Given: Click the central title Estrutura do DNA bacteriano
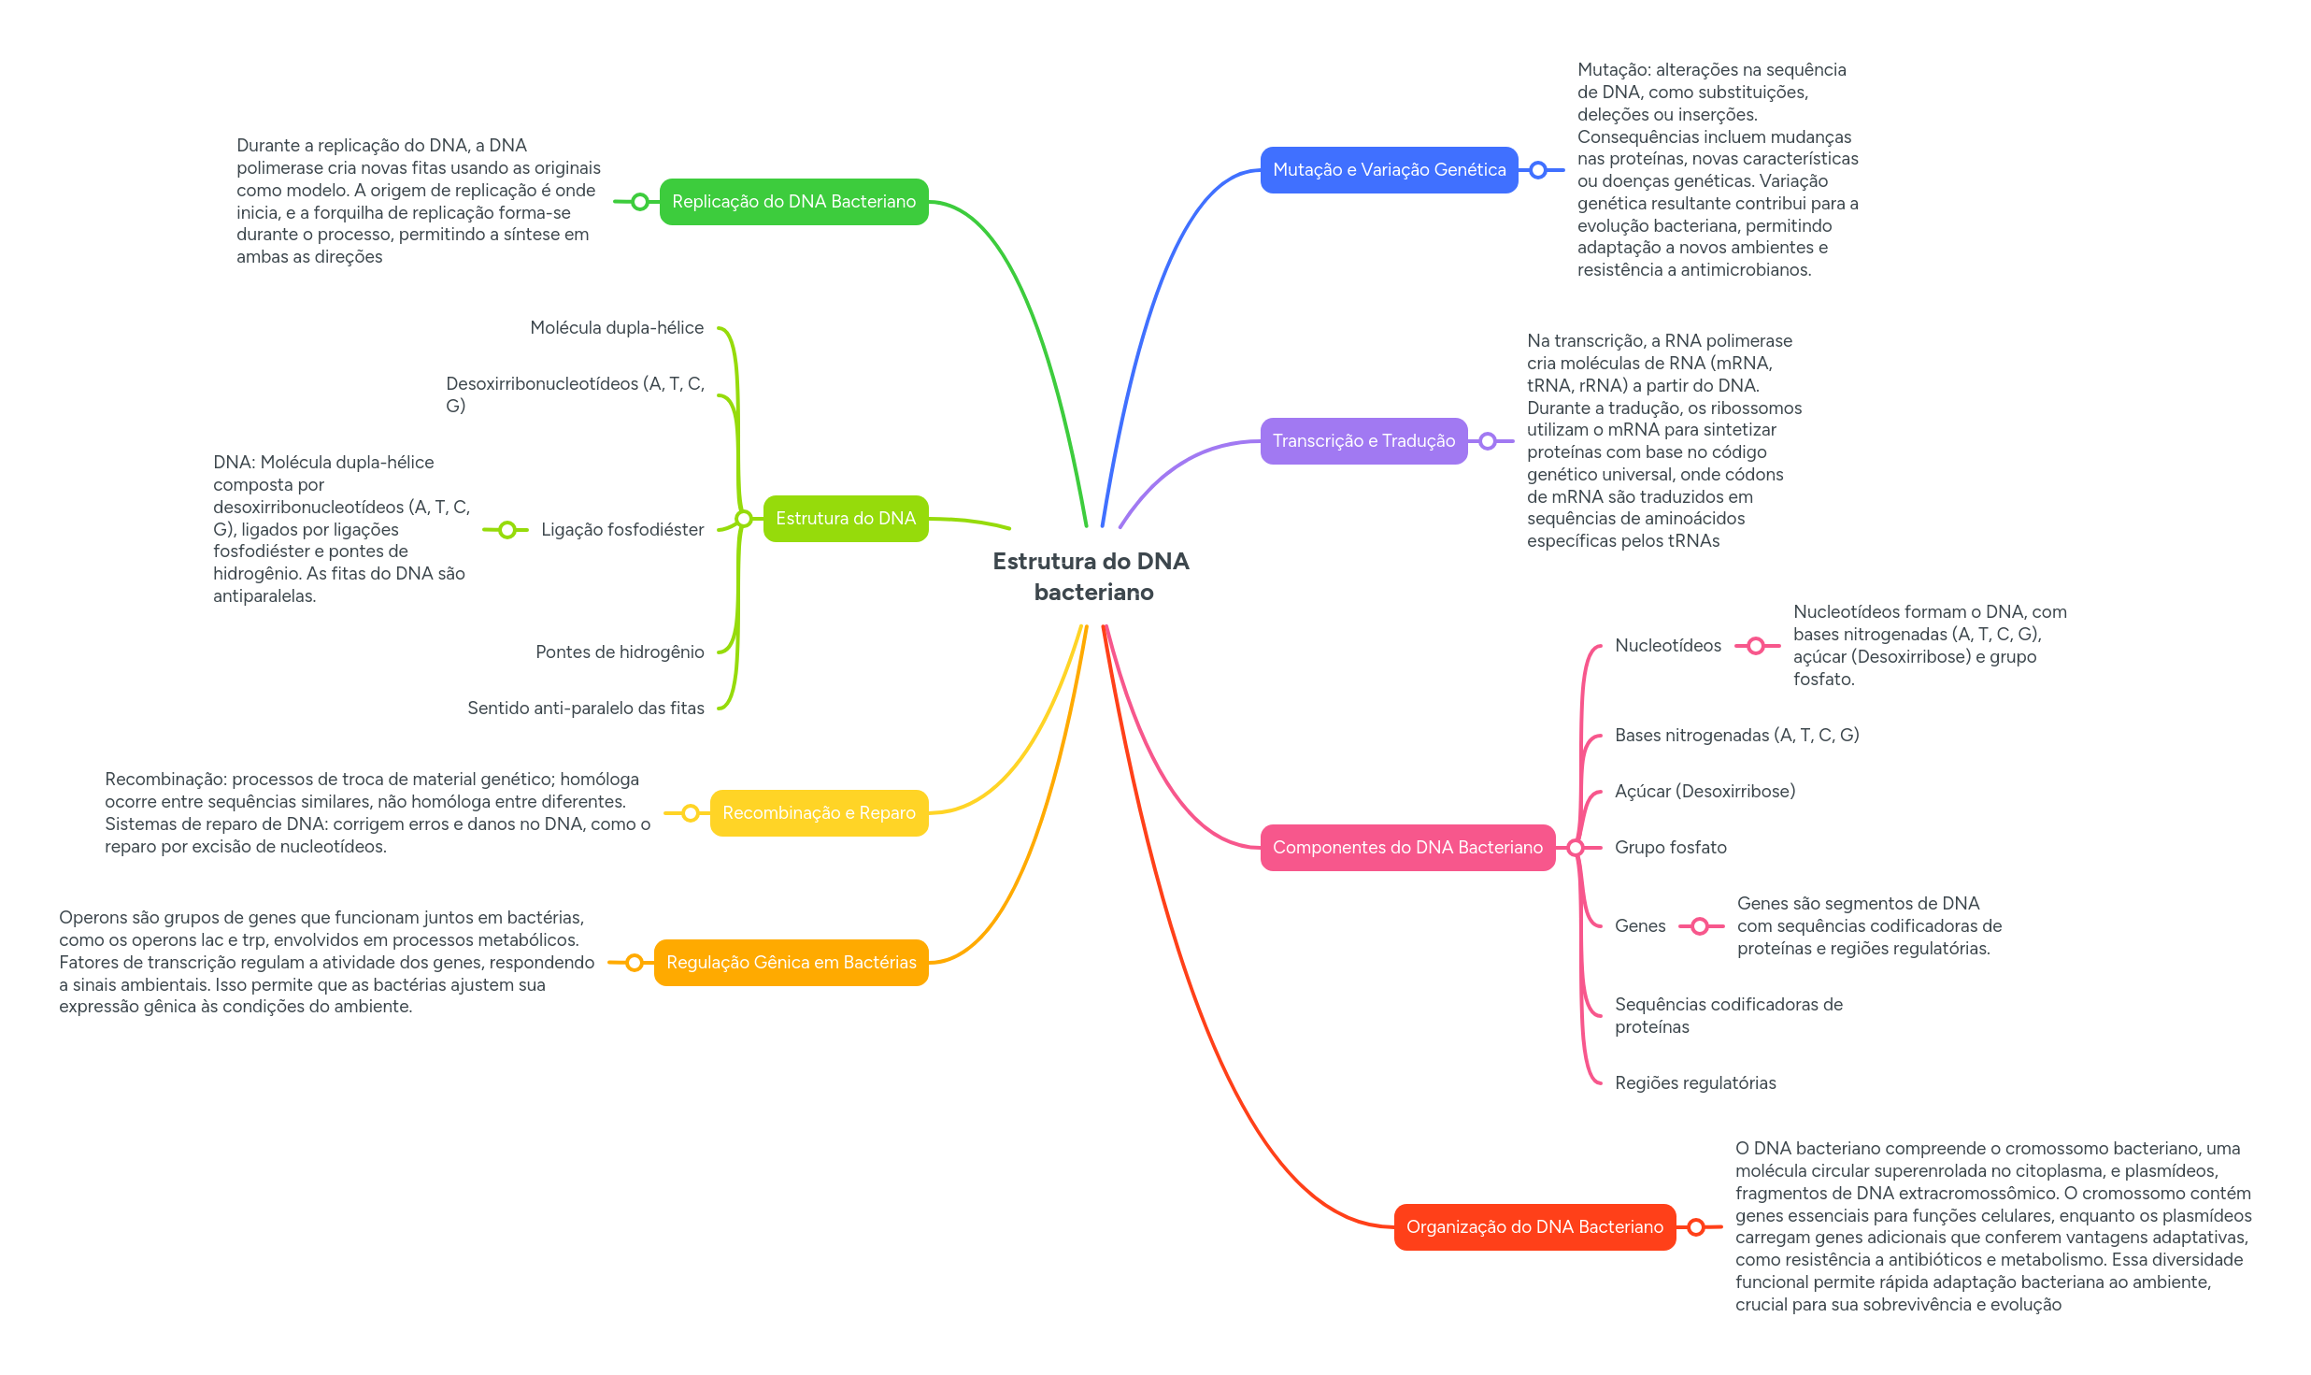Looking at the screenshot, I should click(1091, 576).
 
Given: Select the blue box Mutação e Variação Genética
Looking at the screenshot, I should click(1389, 170).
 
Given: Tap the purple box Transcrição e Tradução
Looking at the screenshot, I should click(1363, 441).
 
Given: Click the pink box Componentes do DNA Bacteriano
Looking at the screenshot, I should click(1407, 848).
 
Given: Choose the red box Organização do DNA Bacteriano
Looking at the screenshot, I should click(1534, 1227).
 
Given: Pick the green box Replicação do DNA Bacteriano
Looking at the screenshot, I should click(793, 202).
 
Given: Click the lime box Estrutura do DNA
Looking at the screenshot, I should click(845, 519).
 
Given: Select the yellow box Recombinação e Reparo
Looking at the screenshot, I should click(819, 813).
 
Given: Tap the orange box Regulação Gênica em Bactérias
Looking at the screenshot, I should click(791, 963).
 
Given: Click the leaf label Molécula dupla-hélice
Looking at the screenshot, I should click(617, 328).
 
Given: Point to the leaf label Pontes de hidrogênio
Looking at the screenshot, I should click(620, 652).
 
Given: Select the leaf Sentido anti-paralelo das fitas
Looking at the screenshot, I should click(586, 709).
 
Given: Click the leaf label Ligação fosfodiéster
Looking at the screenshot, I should click(622, 530).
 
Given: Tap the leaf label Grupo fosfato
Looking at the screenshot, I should click(1670, 848).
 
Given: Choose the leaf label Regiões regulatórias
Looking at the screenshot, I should click(1695, 1083).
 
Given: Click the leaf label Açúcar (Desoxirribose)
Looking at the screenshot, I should click(1705, 792).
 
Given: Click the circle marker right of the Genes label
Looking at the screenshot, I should click(1700, 926).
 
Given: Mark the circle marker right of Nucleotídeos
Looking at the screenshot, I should click(1756, 646).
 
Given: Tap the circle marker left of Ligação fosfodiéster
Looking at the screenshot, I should click(506, 530).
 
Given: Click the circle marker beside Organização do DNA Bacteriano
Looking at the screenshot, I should click(1696, 1227).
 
